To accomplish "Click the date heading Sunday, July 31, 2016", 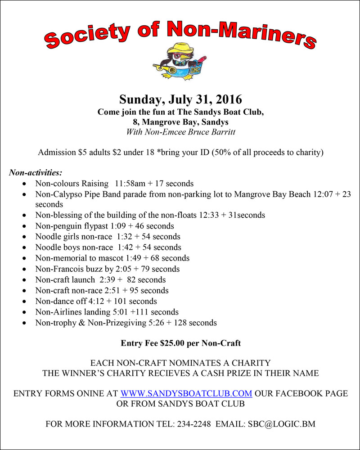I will pos(180,99).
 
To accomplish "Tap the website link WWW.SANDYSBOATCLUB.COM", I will pos(186,393).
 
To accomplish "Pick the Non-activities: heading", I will pos(36,172).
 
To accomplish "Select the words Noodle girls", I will pos(57,236).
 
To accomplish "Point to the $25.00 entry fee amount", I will pos(170,343).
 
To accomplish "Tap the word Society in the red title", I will pos(80,37).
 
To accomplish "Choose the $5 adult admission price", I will pos(82,152).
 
